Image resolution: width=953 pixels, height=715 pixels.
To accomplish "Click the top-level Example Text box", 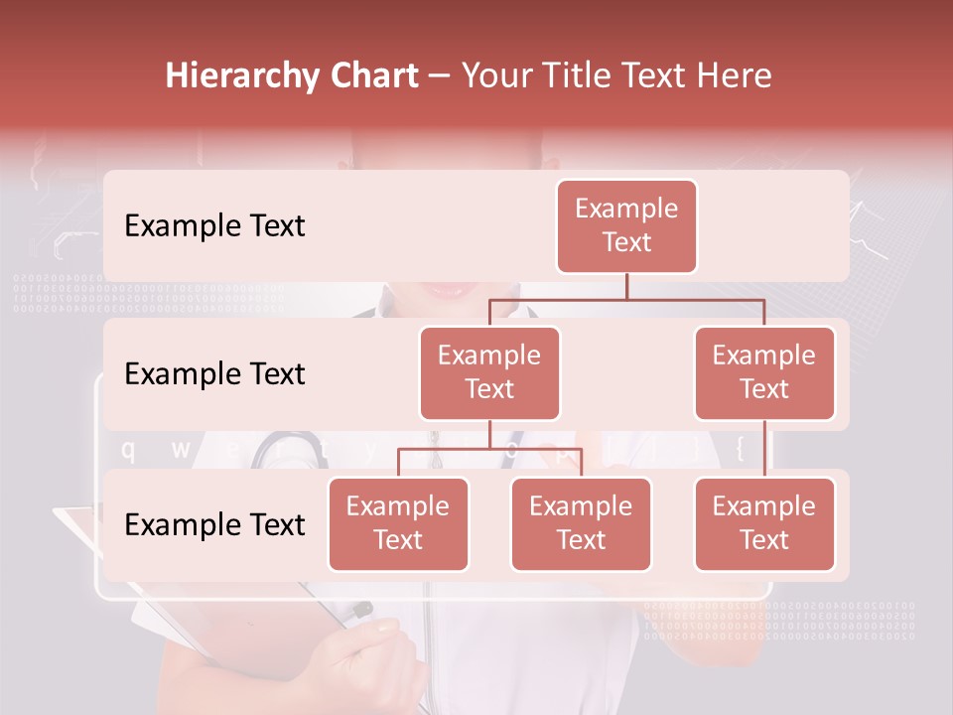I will [x=626, y=225].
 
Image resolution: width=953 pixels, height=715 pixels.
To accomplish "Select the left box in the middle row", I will [x=489, y=372].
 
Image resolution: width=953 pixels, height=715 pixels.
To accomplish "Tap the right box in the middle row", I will [x=764, y=372].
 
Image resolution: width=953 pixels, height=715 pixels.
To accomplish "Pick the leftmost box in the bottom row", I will [x=398, y=523].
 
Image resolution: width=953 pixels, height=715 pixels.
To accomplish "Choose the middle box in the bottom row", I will [x=581, y=523].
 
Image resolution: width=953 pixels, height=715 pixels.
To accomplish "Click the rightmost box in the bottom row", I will [x=764, y=523].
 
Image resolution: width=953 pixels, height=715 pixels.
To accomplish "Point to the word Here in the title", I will [x=736, y=76].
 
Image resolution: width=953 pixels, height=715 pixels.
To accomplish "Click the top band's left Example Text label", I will [x=214, y=226].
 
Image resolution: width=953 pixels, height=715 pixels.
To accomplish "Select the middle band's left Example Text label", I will [x=214, y=374].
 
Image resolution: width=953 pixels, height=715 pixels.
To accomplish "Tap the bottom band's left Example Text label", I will [x=214, y=524].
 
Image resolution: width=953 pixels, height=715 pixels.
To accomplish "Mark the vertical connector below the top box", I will [x=626, y=286].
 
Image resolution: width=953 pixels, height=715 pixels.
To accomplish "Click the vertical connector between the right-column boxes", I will [x=764, y=449].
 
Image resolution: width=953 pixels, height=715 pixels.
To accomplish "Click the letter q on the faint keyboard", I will [x=127, y=450].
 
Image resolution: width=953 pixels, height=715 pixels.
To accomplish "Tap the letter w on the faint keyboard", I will [x=181, y=450].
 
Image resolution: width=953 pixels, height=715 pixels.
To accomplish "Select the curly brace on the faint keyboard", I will [x=740, y=450].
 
